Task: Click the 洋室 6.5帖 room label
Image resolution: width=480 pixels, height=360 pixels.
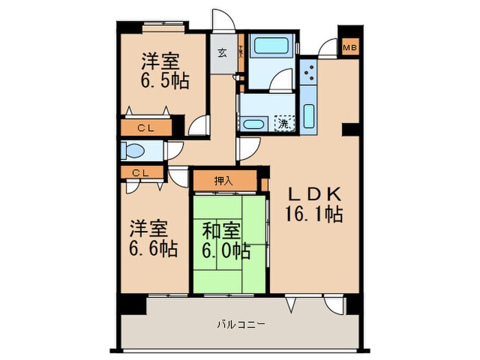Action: click(165, 71)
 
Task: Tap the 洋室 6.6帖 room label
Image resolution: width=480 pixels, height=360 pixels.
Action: click(153, 237)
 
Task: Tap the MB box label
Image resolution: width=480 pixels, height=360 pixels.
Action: click(349, 48)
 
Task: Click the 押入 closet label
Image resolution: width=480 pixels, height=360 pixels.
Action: click(224, 181)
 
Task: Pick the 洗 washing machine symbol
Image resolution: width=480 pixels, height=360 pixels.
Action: click(283, 124)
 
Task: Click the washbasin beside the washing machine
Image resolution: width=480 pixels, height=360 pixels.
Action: click(254, 125)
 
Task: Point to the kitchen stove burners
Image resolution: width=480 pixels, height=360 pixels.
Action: click(308, 71)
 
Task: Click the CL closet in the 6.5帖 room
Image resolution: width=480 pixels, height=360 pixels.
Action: click(145, 128)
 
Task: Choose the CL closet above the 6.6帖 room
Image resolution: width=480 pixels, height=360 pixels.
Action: click(140, 173)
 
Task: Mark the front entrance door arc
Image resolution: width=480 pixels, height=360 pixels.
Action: click(223, 21)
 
